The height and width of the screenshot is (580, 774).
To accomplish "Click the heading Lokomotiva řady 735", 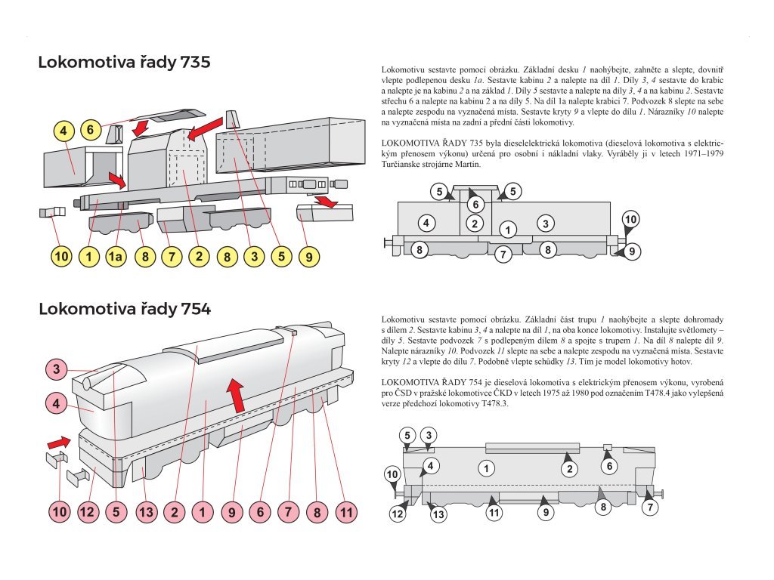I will click(x=124, y=63).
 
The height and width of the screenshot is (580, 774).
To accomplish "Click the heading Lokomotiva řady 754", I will click(x=124, y=309).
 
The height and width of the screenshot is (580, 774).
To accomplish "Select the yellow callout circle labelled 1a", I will click(x=116, y=257).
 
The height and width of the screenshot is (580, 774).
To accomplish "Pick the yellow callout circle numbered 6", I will click(x=90, y=130).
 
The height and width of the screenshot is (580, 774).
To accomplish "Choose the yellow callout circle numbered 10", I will click(x=61, y=257).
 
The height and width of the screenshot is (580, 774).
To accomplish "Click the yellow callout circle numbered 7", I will click(x=172, y=257).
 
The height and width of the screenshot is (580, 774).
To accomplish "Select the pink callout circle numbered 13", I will click(x=146, y=513).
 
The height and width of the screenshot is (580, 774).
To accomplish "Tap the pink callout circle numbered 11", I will click(x=345, y=513).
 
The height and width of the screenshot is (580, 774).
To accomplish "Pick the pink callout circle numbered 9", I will click(x=232, y=513).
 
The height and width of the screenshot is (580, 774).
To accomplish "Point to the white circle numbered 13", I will click(x=438, y=515).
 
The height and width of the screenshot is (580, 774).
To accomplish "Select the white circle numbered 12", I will click(x=398, y=514).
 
